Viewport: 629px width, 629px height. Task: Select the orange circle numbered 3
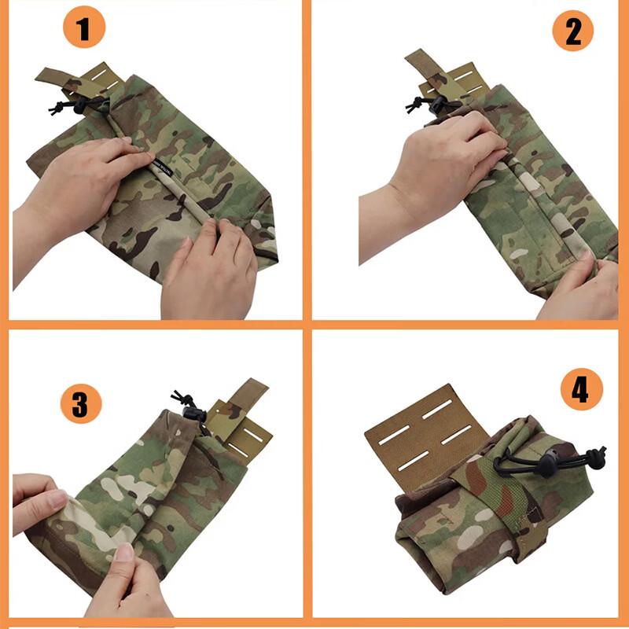click(81, 404)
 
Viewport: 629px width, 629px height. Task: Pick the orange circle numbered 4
click(581, 390)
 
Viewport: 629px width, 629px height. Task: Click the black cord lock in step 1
click(79, 103)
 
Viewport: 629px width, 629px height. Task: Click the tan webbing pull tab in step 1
click(57, 77)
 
